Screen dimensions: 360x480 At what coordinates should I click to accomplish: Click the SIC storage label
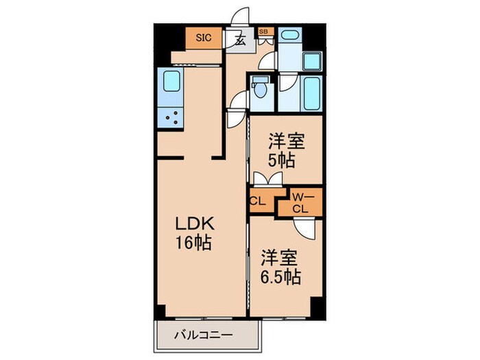coord(204,38)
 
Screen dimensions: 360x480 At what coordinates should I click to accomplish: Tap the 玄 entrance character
coord(241,39)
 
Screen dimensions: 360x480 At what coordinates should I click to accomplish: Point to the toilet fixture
coord(260,90)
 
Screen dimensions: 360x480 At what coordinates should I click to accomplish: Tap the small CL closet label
coord(258,201)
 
